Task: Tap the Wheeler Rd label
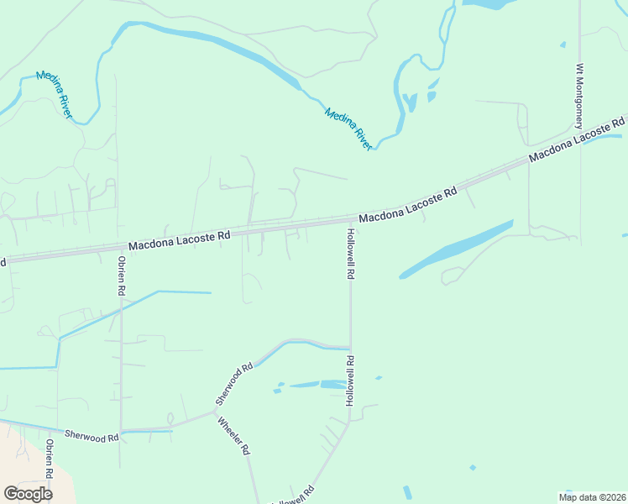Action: (x=234, y=436)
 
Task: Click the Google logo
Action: (x=28, y=493)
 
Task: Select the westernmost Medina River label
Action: (x=53, y=95)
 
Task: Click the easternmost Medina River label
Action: (x=348, y=129)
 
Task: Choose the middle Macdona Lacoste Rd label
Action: (x=408, y=205)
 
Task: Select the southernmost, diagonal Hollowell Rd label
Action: (x=293, y=496)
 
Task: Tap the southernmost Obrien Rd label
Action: (x=50, y=459)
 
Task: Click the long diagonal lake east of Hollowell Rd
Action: (x=457, y=249)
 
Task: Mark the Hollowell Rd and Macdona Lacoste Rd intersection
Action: (x=350, y=220)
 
